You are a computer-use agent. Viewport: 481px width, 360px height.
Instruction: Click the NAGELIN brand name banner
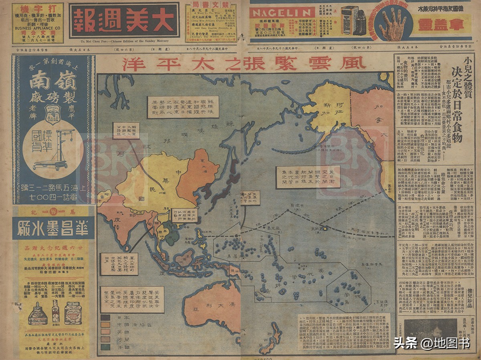point(282,12)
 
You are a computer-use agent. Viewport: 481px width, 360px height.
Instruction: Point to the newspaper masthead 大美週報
point(124,20)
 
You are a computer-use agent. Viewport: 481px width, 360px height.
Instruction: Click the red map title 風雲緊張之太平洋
point(244,63)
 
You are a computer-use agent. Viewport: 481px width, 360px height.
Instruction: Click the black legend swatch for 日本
point(106,318)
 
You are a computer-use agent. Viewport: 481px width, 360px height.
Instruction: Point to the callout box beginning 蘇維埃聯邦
point(183,107)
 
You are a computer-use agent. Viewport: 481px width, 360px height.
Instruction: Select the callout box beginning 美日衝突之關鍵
point(308,177)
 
